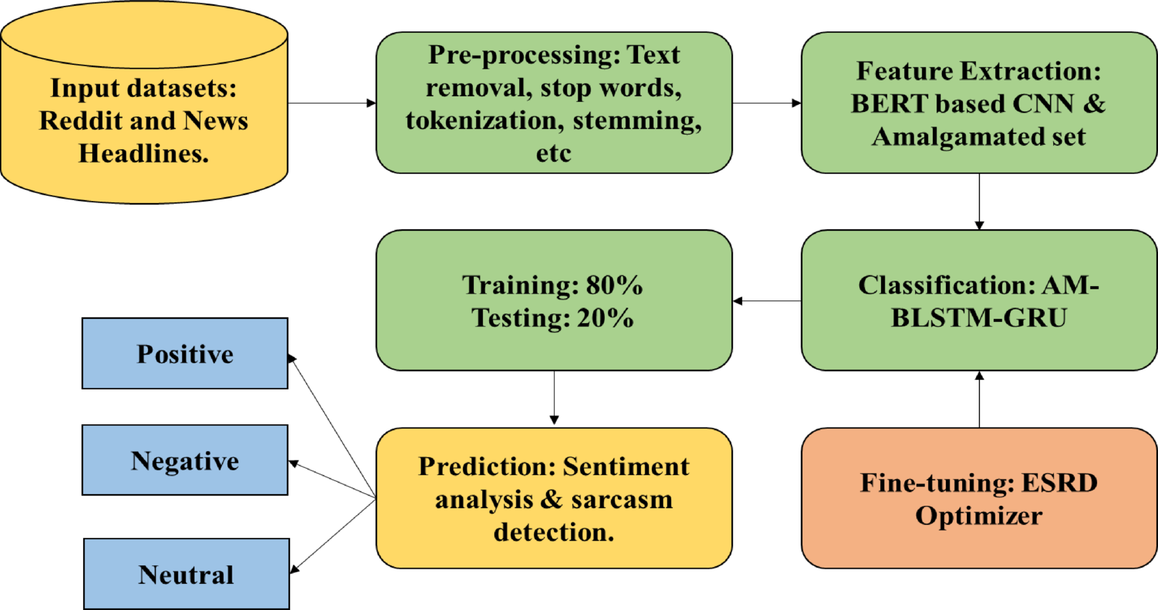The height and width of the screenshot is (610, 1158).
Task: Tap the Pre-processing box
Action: point(554,103)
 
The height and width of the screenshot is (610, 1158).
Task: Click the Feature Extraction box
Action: point(979,103)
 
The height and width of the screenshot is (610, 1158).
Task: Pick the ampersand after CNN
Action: point(1094,104)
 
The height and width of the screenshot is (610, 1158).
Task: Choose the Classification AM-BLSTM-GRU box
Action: point(979,300)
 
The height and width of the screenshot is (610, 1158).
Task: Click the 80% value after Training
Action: point(614,285)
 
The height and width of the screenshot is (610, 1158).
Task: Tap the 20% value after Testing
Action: point(605,318)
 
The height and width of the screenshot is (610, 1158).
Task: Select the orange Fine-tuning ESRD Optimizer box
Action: point(979,499)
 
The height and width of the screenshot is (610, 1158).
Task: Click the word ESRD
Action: point(1059,483)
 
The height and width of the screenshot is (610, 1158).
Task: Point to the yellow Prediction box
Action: point(554,499)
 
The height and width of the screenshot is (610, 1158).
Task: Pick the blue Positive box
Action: point(185,353)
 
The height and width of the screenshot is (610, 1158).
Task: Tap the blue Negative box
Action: point(185,460)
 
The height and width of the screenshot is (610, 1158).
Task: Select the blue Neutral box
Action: point(187,574)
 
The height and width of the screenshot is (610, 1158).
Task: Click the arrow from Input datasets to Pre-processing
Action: point(331,103)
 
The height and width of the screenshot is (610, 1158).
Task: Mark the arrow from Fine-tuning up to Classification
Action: point(979,399)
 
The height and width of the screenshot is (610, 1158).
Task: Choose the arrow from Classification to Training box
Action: point(767,300)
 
